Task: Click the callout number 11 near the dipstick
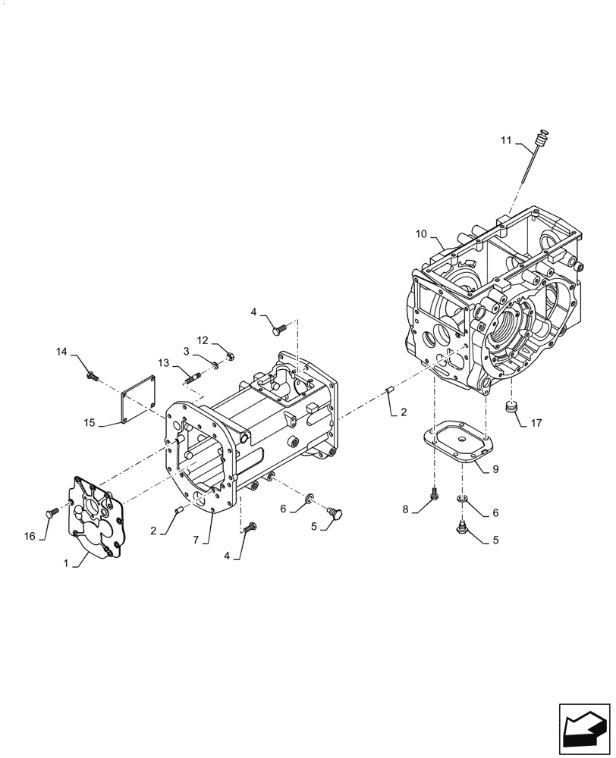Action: pyautogui.click(x=507, y=140)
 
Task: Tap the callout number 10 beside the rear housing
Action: pyautogui.click(x=422, y=234)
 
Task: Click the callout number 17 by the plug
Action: pyautogui.click(x=537, y=421)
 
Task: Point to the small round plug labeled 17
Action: pyautogui.click(x=514, y=409)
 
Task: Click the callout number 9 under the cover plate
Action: pyautogui.click(x=495, y=469)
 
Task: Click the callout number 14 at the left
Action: pyautogui.click(x=61, y=351)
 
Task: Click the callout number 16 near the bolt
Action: pyautogui.click(x=30, y=536)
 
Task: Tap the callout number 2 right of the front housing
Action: pyautogui.click(x=403, y=413)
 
